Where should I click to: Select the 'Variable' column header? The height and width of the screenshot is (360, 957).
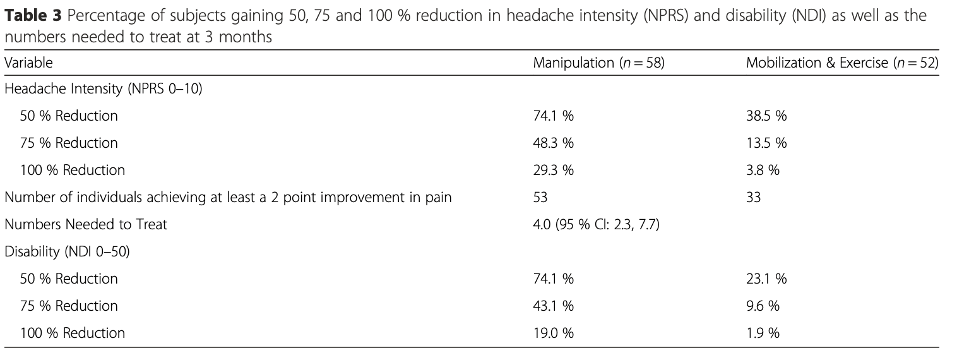pos(28,63)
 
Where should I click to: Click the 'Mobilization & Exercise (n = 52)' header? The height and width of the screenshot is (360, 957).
pos(841,63)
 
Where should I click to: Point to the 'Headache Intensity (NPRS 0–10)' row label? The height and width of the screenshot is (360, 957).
pos(103,89)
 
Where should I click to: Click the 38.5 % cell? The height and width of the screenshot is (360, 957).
pos(766,116)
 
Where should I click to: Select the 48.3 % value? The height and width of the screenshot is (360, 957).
pos(553,143)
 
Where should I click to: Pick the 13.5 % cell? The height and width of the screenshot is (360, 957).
pos(766,143)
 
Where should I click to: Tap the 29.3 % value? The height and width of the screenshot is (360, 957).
pos(553,170)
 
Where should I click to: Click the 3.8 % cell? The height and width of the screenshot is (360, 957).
pos(763,170)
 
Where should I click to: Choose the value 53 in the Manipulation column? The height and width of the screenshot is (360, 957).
pos(540,197)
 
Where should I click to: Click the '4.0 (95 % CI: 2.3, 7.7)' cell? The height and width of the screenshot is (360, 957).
pos(596,224)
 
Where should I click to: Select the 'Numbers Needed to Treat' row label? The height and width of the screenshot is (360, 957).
pos(86,224)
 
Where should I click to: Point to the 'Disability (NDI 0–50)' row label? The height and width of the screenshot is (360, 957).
pos(67,251)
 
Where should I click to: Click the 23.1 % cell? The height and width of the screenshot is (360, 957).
pos(766,279)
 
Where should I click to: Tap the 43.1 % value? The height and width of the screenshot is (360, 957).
pos(553,306)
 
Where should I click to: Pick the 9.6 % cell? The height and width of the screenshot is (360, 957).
pos(763,306)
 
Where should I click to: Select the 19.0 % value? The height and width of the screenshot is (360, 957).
pos(553,333)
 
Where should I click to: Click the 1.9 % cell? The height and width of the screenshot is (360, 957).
pos(763,333)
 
